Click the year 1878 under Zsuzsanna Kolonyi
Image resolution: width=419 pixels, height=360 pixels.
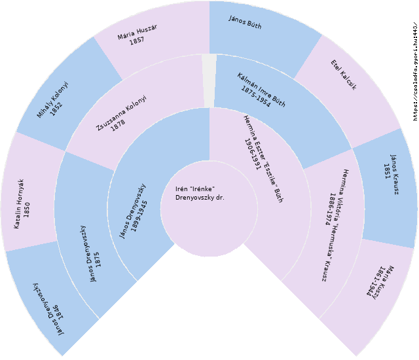coord(118,123)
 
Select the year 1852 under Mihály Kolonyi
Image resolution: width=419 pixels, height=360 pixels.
coord(57,104)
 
